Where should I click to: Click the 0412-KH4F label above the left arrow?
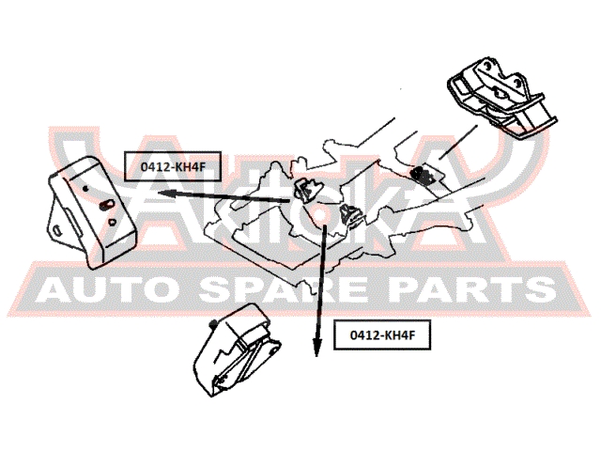tap(173, 166)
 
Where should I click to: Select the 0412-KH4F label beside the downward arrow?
tap(382, 334)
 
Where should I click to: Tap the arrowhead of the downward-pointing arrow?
tap(316, 347)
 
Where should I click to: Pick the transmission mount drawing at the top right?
tap(501, 97)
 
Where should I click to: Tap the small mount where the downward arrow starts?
tap(350, 215)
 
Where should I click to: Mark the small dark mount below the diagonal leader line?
tap(423, 174)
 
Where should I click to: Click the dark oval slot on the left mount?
tap(106, 205)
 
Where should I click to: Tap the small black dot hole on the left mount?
tap(85, 188)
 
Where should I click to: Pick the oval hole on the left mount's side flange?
tap(57, 230)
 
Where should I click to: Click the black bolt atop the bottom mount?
tap(213, 324)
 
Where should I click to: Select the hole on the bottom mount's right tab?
tap(273, 351)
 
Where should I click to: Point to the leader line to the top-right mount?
tap(458, 142)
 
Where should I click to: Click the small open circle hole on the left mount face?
tap(113, 222)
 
